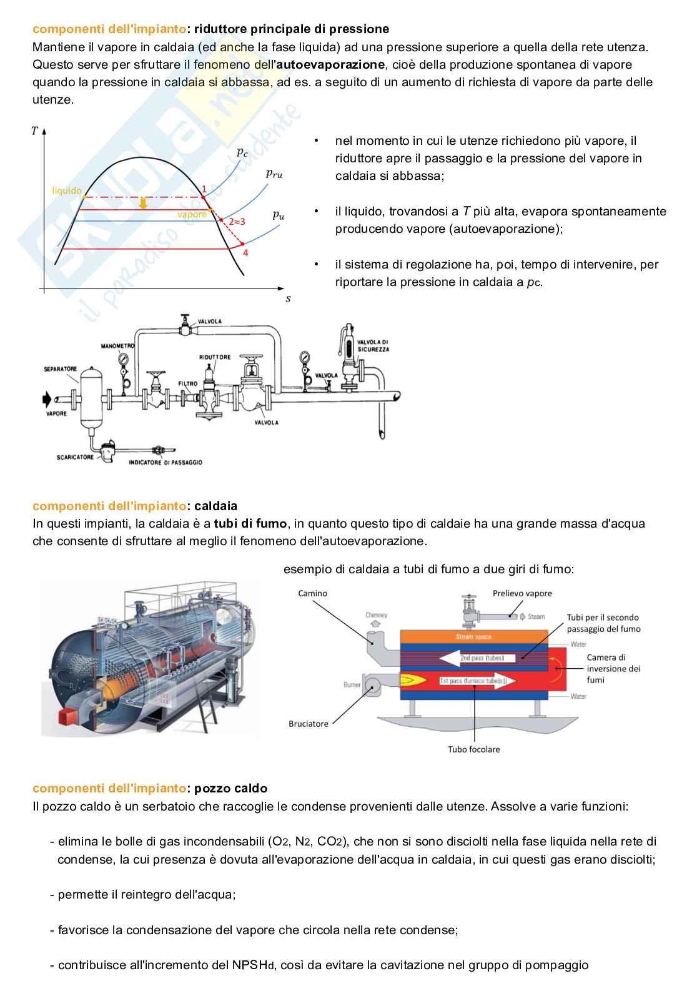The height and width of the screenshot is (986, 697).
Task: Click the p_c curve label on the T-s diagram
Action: click(242, 152)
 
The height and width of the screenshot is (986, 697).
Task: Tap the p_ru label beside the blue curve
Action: click(274, 174)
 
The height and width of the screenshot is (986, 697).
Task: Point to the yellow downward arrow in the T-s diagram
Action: click(143, 204)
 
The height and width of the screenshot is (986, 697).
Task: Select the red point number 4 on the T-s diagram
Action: click(245, 252)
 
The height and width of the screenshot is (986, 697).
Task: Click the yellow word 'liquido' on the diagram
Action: click(67, 190)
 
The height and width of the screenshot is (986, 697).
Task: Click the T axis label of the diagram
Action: click(34, 131)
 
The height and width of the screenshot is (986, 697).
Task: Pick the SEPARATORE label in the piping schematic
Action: click(61, 369)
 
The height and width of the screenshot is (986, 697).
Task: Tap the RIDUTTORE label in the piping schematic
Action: click(215, 357)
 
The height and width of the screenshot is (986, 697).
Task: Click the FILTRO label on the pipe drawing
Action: click(188, 384)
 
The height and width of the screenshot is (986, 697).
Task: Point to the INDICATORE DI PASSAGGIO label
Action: click(166, 463)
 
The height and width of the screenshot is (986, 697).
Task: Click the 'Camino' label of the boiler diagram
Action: click(312, 593)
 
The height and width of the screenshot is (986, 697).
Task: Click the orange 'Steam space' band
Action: click(473, 636)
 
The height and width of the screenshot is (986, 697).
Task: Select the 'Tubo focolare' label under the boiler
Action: click(473, 749)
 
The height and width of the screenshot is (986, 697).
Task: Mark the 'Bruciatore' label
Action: click(308, 724)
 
